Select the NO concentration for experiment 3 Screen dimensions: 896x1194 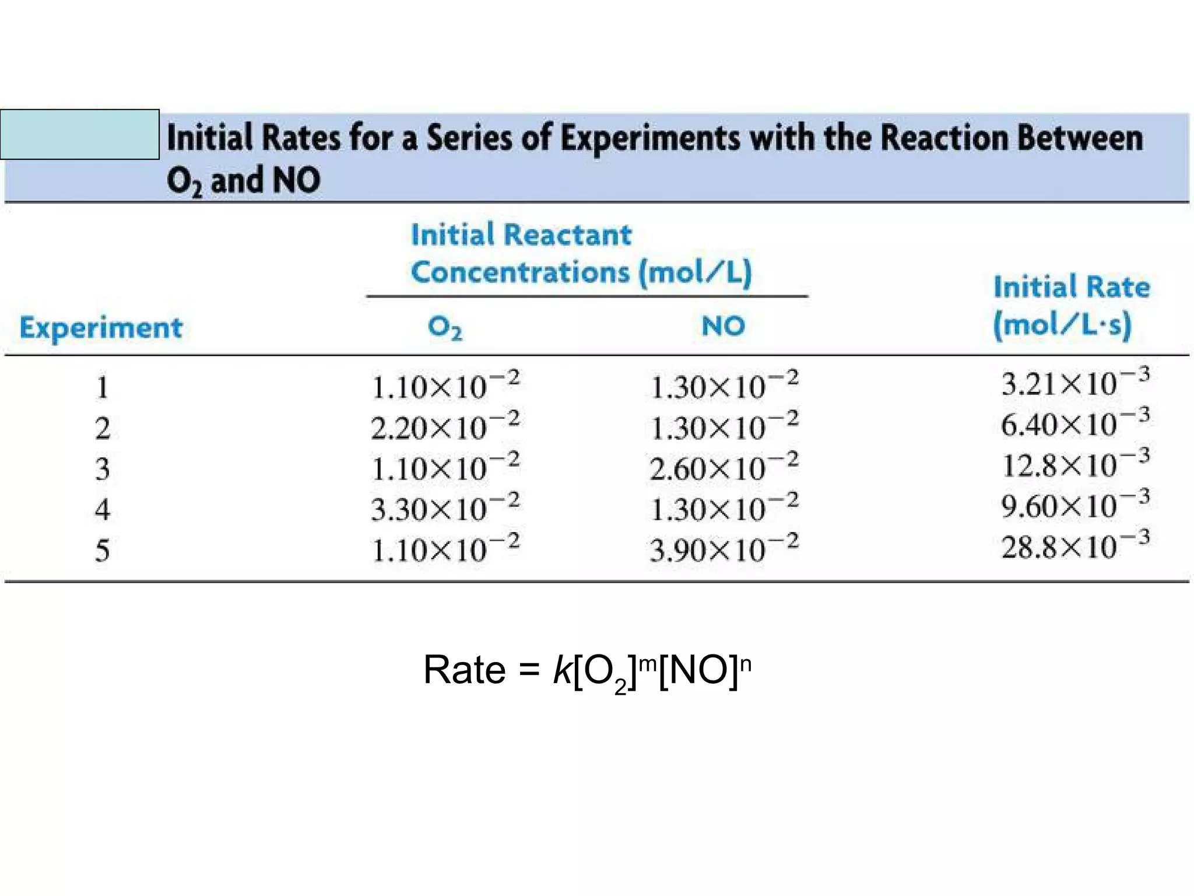(x=724, y=468)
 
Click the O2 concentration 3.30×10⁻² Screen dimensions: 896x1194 (x=445, y=508)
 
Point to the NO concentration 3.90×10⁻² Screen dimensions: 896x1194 (x=724, y=549)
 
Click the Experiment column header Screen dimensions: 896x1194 (x=101, y=328)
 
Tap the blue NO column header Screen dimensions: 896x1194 (x=723, y=325)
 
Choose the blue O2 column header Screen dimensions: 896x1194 (x=445, y=327)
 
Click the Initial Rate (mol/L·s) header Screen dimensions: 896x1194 (x=1071, y=306)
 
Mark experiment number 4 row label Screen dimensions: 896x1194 (x=103, y=509)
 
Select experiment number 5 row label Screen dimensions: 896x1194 (x=103, y=550)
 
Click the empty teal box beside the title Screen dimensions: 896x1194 (x=80, y=134)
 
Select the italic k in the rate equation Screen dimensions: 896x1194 (x=562, y=670)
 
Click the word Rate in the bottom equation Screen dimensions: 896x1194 (x=464, y=670)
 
